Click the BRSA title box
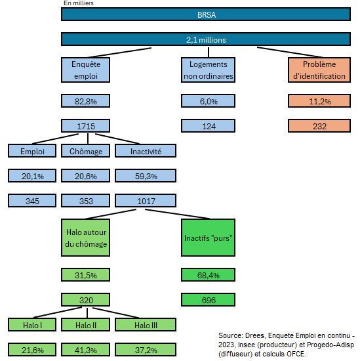click(x=206, y=14)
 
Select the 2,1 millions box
click(x=206, y=39)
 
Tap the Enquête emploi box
click(x=85, y=70)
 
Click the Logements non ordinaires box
click(x=208, y=70)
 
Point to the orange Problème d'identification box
click(x=319, y=70)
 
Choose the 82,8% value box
click(x=85, y=101)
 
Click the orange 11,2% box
click(x=319, y=101)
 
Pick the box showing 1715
click(x=85, y=126)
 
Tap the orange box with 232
click(x=319, y=126)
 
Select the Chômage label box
click(x=85, y=151)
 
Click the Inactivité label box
click(x=146, y=151)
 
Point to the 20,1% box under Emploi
click(x=32, y=176)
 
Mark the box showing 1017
click(x=146, y=201)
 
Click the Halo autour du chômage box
click(x=85, y=238)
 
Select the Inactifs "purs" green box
click(x=208, y=238)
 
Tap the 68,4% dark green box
click(x=208, y=274)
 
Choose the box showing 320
click(x=85, y=299)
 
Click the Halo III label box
click(x=146, y=325)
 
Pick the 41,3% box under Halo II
click(x=85, y=349)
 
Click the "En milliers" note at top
click(x=79, y=3)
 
